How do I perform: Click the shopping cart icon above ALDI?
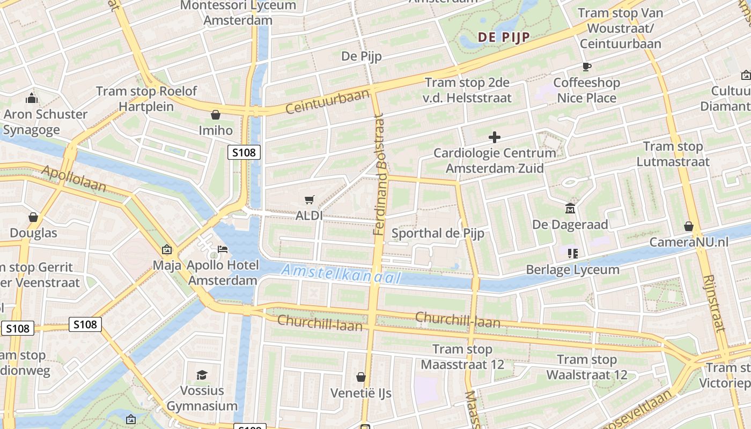pyautogui.click(x=309, y=200)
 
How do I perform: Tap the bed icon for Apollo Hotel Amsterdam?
pyautogui.click(x=222, y=249)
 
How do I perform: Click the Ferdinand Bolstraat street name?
pyautogui.click(x=379, y=174)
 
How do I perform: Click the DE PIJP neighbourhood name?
pyautogui.click(x=503, y=37)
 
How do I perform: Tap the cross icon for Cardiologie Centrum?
pyautogui.click(x=494, y=137)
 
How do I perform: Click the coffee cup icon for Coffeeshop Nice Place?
pyautogui.click(x=586, y=67)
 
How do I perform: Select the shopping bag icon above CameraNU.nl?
pyautogui.click(x=689, y=226)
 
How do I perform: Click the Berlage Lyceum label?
pyautogui.click(x=572, y=269)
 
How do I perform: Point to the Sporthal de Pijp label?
pyautogui.click(x=438, y=233)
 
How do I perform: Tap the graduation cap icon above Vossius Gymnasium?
pyautogui.click(x=202, y=375)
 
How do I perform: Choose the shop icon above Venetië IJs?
pyautogui.click(x=361, y=377)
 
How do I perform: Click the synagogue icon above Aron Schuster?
pyautogui.click(x=32, y=98)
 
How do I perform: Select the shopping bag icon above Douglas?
pyautogui.click(x=33, y=217)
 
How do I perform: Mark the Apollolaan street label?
pyautogui.click(x=73, y=179)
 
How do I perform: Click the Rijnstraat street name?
pyautogui.click(x=714, y=303)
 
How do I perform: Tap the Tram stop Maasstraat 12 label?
pyautogui.click(x=462, y=357)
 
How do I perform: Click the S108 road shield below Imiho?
pyautogui.click(x=244, y=152)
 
